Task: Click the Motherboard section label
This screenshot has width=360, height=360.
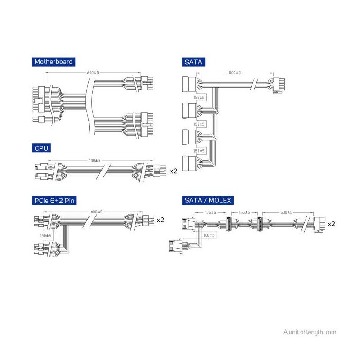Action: click(x=54, y=62)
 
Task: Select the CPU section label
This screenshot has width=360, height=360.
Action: click(x=41, y=148)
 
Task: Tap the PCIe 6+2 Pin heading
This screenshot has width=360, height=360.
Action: click(x=54, y=200)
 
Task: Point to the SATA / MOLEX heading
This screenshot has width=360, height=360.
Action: click(x=208, y=200)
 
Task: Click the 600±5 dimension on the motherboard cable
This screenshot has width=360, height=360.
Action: click(x=93, y=72)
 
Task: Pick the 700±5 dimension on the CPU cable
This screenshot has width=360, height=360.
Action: click(x=94, y=160)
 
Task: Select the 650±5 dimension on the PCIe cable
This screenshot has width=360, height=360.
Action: click(x=96, y=211)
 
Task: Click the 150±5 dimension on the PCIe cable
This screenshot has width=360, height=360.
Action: click(x=46, y=235)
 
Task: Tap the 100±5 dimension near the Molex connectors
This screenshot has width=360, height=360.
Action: click(x=209, y=235)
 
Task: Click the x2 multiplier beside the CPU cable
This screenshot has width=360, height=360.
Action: click(x=173, y=171)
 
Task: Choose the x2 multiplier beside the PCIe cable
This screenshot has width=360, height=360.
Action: click(x=161, y=220)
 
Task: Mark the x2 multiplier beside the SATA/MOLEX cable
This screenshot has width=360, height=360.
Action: click(x=331, y=224)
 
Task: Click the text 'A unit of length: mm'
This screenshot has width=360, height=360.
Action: click(x=310, y=332)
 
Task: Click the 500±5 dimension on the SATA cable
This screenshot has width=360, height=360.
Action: click(x=235, y=72)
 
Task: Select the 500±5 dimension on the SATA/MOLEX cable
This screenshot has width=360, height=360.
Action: click(x=286, y=212)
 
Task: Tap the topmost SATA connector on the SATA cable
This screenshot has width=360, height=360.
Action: click(x=189, y=85)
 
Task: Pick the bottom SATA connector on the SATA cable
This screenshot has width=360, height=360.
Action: click(x=189, y=163)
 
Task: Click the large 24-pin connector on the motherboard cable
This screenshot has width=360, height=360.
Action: click(x=39, y=99)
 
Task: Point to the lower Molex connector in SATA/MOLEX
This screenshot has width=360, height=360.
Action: click(x=175, y=246)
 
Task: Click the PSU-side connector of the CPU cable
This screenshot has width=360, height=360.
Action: click(x=159, y=171)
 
